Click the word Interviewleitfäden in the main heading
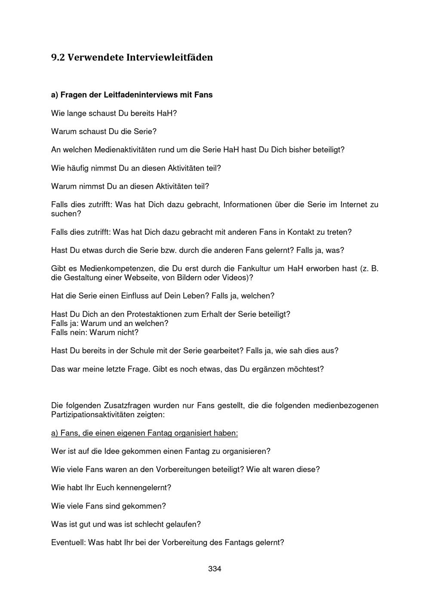tap(169, 57)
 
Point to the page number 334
tap(215, 569)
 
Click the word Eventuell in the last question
tap(68, 542)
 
